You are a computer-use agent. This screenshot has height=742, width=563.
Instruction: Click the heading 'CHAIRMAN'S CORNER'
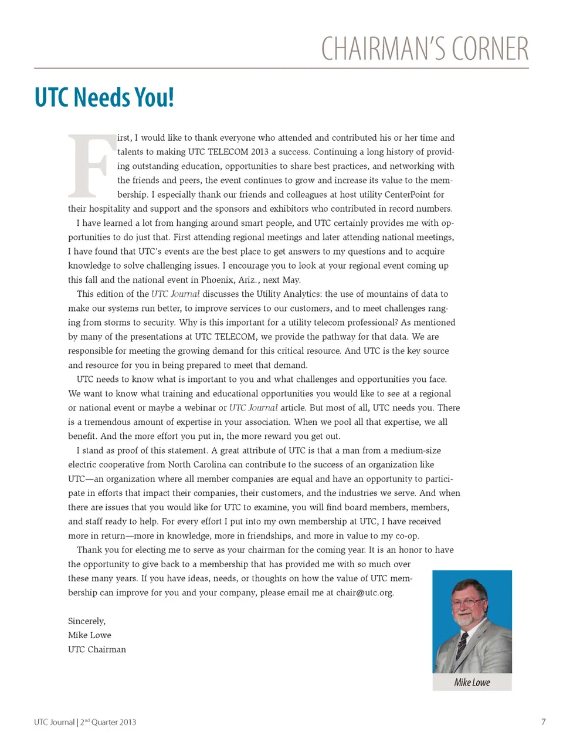pos(425,49)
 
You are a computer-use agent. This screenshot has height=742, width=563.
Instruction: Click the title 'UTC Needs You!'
pos(104,97)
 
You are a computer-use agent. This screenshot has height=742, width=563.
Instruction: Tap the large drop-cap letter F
pos(91,167)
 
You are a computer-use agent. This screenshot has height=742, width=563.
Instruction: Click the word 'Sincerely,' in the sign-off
pos(87,621)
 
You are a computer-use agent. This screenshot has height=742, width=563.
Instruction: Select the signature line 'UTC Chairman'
pos(97,649)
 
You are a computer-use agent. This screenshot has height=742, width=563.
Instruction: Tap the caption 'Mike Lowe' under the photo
pos(472,682)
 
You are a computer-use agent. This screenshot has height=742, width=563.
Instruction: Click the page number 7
pos(544,722)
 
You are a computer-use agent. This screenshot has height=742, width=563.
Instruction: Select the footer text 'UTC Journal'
pos(54,722)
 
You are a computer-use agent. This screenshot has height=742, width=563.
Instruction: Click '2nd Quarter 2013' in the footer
pos(108,722)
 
